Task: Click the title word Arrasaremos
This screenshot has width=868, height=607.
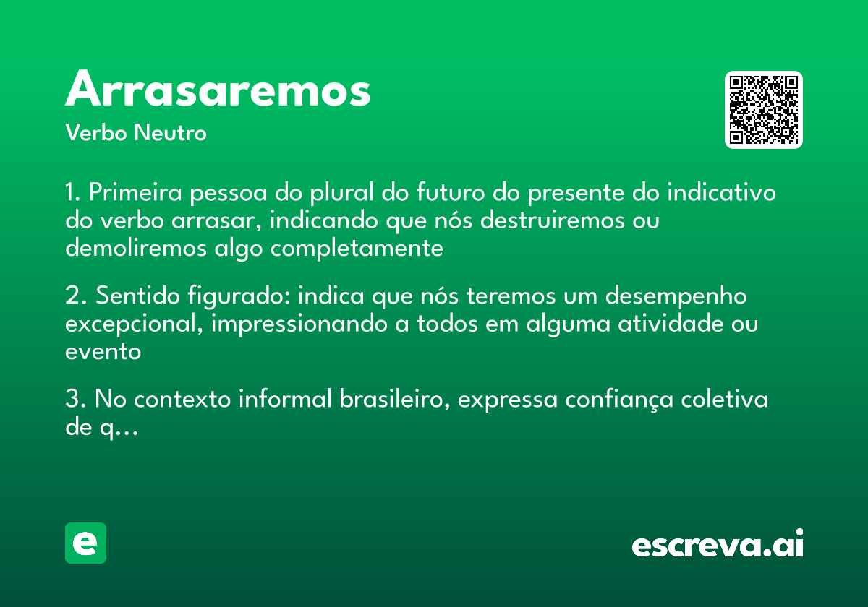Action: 218,90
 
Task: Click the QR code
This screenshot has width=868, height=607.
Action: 763,110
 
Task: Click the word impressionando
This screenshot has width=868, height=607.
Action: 299,324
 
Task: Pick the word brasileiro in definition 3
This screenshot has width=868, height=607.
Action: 395,400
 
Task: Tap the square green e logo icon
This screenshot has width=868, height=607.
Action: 85,543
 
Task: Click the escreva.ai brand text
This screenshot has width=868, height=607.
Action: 717,545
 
